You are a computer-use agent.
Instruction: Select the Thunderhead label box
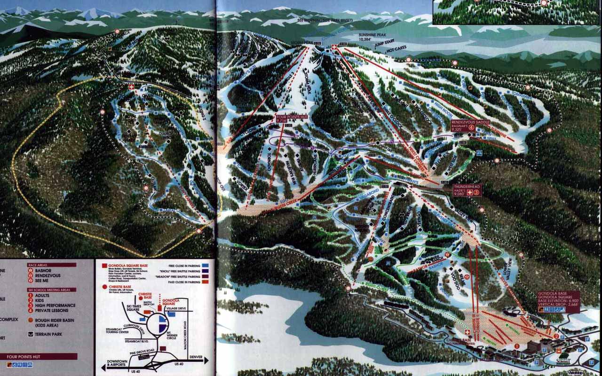pyautogui.click(x=467, y=189)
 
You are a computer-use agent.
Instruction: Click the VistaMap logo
pyautogui.click(x=578, y=373)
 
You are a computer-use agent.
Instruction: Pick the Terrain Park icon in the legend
pyautogui.click(x=31, y=334)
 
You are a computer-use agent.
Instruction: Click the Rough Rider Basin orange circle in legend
pyautogui.click(x=31, y=320)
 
